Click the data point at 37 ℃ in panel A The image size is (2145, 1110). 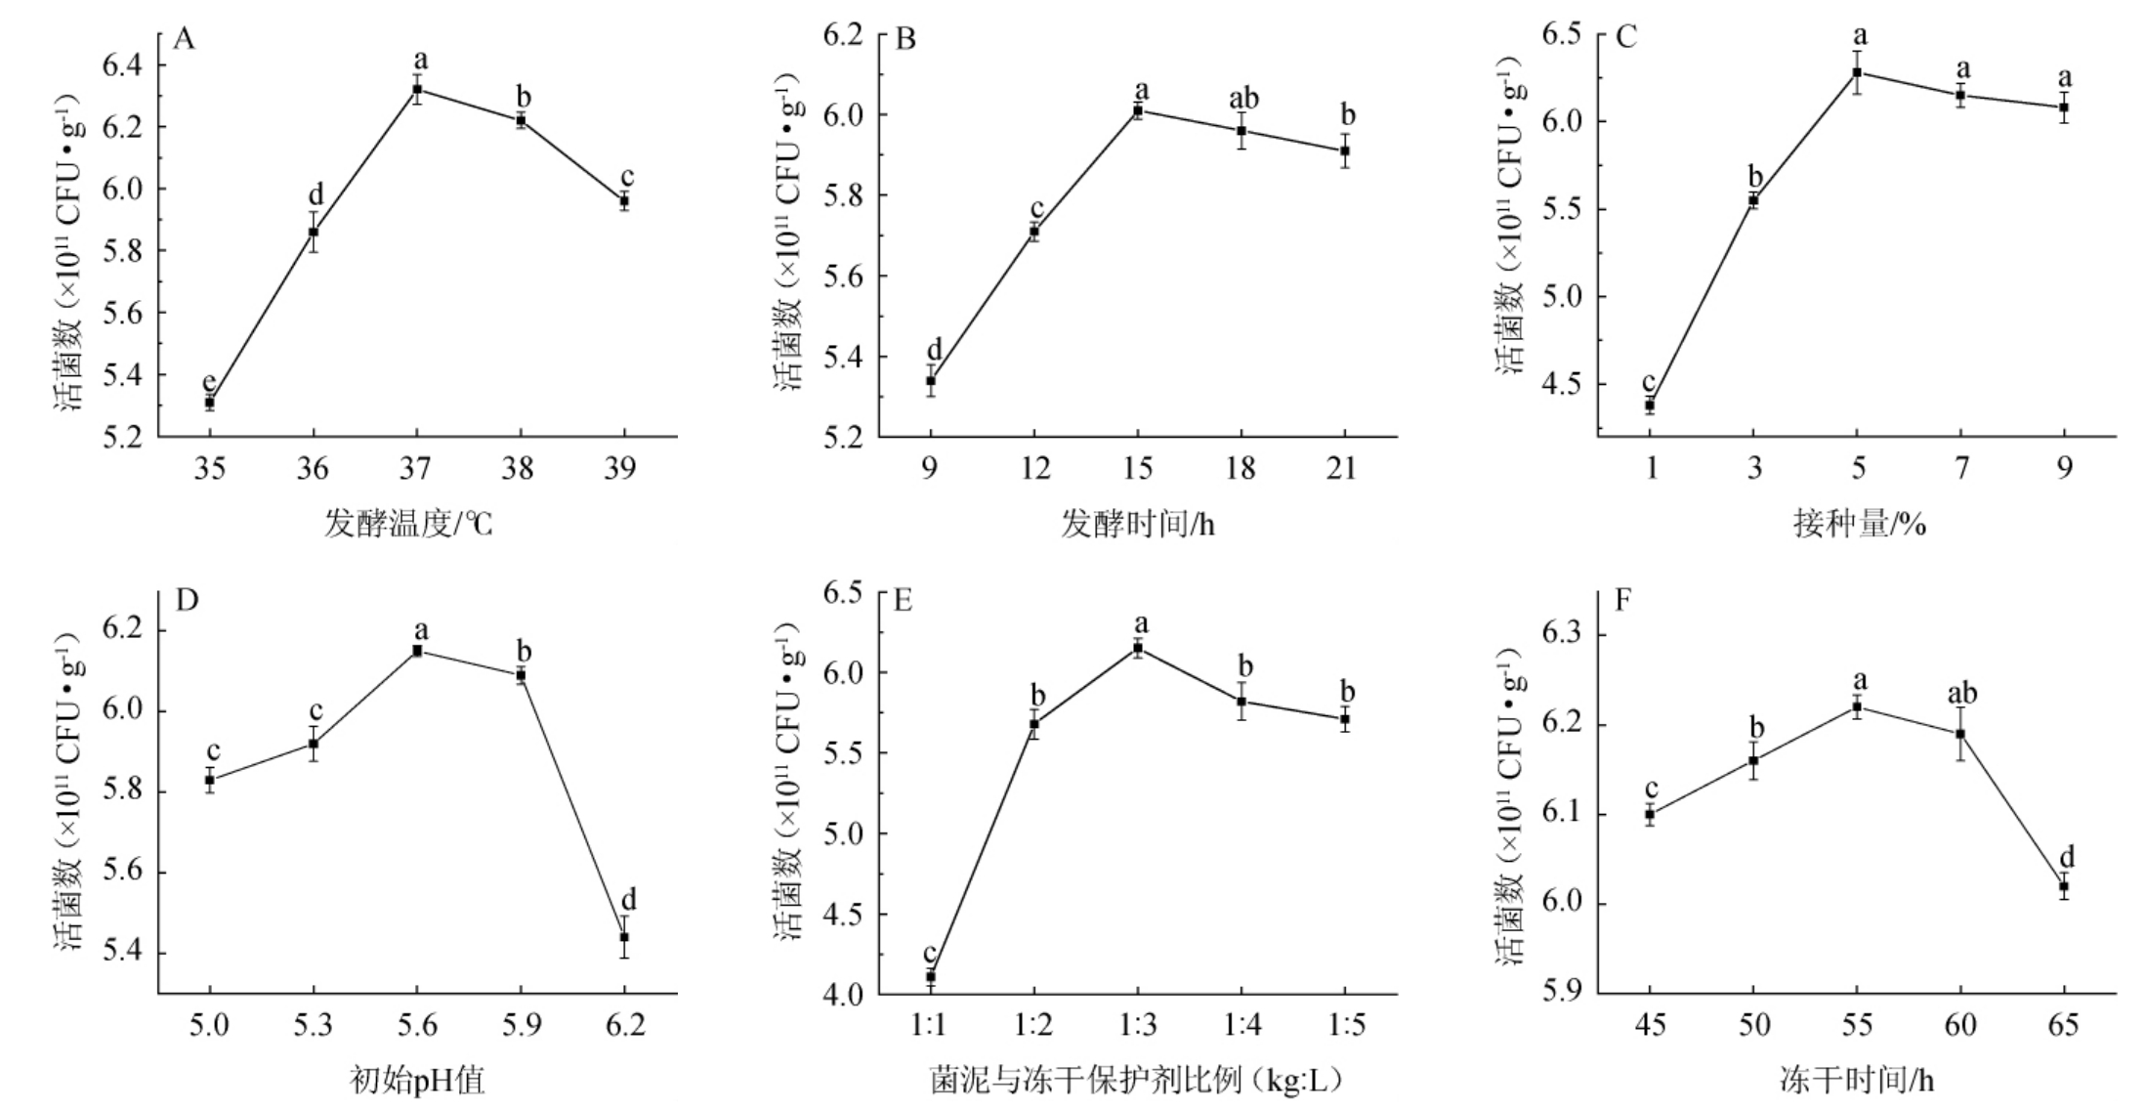click(417, 89)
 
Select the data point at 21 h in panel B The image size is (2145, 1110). click(1345, 150)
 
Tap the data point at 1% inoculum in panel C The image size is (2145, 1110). click(1650, 405)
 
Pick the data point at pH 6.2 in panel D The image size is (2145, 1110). click(624, 937)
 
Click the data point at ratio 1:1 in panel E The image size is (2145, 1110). click(930, 976)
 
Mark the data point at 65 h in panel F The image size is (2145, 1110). click(2064, 886)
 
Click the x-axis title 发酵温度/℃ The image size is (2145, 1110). click(408, 526)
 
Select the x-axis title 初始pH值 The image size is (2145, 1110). click(416, 1081)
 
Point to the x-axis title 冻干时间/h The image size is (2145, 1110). click(1857, 1081)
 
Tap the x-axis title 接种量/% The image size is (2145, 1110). click(1859, 526)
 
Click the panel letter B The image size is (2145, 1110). click(905, 40)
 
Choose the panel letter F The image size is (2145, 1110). click(1623, 599)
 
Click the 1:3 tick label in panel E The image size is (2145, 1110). click(1138, 1025)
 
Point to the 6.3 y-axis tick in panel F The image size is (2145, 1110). click(1561, 635)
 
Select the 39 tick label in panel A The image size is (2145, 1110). click(620, 470)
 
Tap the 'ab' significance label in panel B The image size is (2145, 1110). click(1242, 99)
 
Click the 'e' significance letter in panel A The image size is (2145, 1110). click(208, 381)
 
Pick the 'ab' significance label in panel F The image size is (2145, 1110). click(1961, 694)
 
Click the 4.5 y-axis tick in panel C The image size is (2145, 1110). click(1560, 384)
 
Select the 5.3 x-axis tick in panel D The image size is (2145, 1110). click(313, 1025)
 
